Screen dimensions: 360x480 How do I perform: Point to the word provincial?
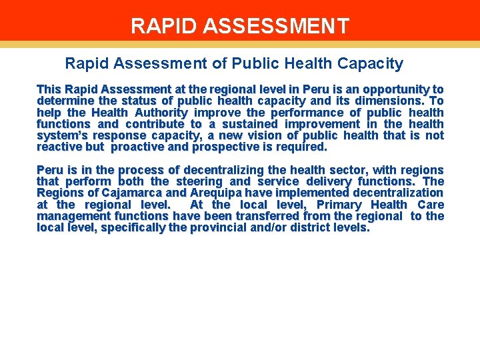click(x=223, y=228)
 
